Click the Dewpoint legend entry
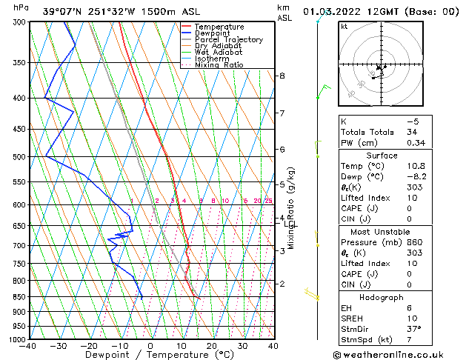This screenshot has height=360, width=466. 208,33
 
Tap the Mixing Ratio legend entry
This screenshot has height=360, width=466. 219,65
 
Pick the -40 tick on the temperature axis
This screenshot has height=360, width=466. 28,346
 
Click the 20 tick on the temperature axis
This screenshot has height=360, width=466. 212,346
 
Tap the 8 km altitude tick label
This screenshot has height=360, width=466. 282,76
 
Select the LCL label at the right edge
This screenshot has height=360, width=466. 291,224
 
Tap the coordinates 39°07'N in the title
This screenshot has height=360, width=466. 64,11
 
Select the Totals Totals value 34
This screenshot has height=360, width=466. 413,133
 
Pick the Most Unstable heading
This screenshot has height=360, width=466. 382,232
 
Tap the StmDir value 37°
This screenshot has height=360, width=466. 415,329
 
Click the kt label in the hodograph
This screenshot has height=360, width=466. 344,26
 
